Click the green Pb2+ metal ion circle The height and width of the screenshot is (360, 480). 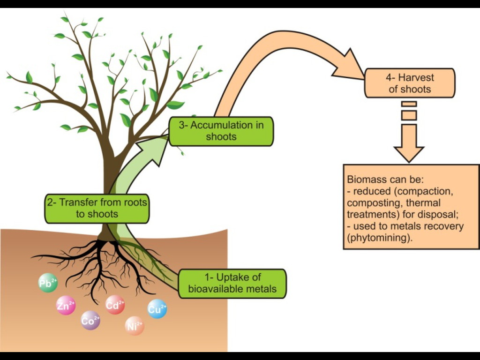pyautogui.click(x=48, y=283)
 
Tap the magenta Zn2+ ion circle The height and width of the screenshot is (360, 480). pyautogui.click(x=66, y=306)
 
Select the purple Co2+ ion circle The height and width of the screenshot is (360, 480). pyautogui.click(x=90, y=321)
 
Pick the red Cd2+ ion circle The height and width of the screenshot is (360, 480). pyautogui.click(x=115, y=305)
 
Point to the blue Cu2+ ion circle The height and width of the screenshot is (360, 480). pyautogui.click(x=157, y=308)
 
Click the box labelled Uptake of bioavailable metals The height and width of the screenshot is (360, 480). pyautogui.click(x=232, y=283)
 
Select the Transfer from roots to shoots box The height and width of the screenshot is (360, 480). pyautogui.click(x=97, y=208)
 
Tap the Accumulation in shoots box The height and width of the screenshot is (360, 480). pyautogui.click(x=221, y=131)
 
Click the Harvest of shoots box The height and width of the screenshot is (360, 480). pyautogui.click(x=409, y=83)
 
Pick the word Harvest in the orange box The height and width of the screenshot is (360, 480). pyautogui.click(x=416, y=77)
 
